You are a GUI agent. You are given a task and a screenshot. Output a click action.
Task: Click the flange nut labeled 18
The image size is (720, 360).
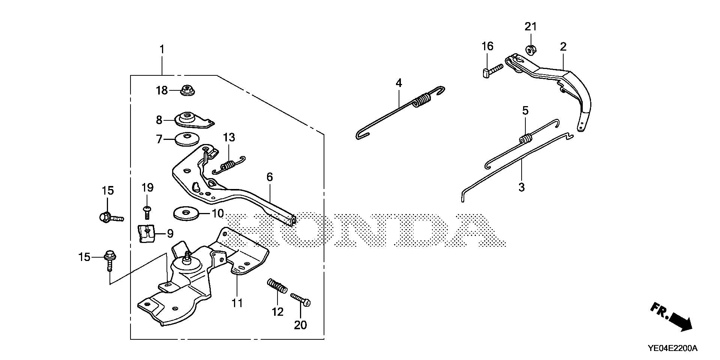tap(187, 90)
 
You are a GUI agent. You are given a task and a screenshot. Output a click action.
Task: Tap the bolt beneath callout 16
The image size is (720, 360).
tap(490, 70)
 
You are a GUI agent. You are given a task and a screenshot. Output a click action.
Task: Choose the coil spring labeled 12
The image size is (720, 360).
tap(278, 286)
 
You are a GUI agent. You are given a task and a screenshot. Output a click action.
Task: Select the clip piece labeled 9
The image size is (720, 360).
tap(147, 233)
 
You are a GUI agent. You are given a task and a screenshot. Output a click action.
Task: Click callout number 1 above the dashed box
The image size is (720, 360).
tap(162, 49)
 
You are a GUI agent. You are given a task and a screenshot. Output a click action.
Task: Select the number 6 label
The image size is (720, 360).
tap(270, 177)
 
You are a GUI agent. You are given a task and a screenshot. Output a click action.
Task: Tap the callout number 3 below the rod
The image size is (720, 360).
tap(522, 187)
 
